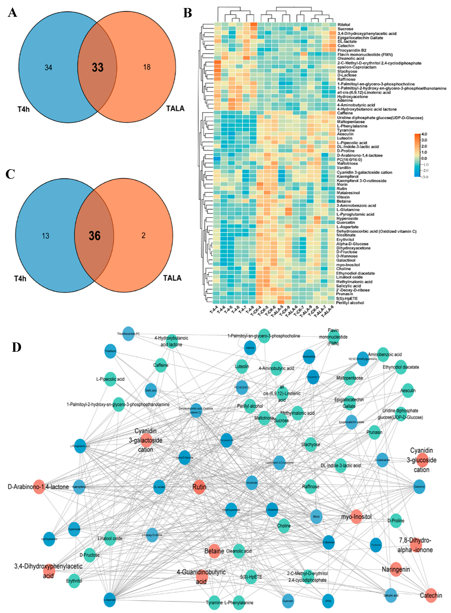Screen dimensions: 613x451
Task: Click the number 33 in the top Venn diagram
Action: [x=97, y=67]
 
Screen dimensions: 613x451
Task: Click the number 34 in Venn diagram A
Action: [x=48, y=67]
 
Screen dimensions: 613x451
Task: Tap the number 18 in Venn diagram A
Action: [x=147, y=67]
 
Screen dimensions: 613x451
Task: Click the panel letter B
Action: [x=187, y=13]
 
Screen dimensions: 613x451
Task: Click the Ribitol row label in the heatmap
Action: [x=343, y=25]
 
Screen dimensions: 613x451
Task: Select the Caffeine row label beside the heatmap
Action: [x=345, y=113]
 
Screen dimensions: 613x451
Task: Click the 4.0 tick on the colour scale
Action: [x=424, y=134]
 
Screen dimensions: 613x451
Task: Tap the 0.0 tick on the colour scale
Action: [x=424, y=158]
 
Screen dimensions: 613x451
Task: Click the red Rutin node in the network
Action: [x=199, y=487]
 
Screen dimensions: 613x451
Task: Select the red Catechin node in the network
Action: [x=431, y=595]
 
